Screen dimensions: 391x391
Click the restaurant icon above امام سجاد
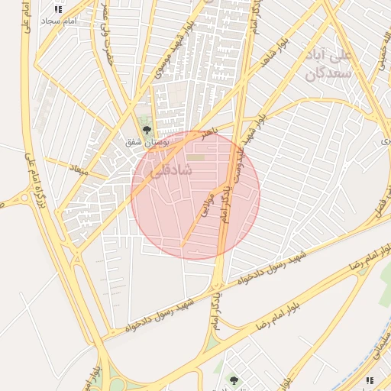click(x=58, y=9)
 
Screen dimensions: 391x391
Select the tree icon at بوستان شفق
click(x=147, y=130)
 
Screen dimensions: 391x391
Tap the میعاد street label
click(x=79, y=168)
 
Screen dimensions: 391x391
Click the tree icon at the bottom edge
click(x=234, y=380)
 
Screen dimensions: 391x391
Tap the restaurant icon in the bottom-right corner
click(x=370, y=380)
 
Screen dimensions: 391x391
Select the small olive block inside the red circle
click(x=197, y=158)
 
